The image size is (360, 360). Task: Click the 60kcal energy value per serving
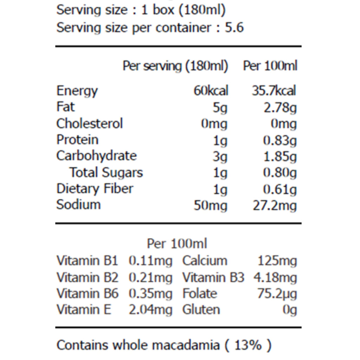(x=211, y=91)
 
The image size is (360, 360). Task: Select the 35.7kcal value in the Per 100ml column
(x=274, y=91)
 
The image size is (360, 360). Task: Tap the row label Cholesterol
(x=89, y=124)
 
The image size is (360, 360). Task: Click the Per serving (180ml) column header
(x=175, y=66)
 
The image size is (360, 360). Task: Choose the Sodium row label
(x=78, y=205)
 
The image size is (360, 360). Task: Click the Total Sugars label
(x=106, y=172)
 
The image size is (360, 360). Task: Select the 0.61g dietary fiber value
(x=280, y=189)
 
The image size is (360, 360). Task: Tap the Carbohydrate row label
(x=96, y=156)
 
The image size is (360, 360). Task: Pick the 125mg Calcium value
(x=277, y=261)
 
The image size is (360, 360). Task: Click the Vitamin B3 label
(x=213, y=277)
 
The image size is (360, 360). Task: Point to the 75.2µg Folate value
(x=277, y=294)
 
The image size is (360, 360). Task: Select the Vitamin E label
(x=84, y=310)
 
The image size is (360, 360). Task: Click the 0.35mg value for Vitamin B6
(x=150, y=294)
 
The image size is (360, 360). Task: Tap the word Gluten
(x=201, y=310)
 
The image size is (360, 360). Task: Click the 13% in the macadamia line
(x=248, y=345)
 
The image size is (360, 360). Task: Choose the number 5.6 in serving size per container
(x=234, y=28)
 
